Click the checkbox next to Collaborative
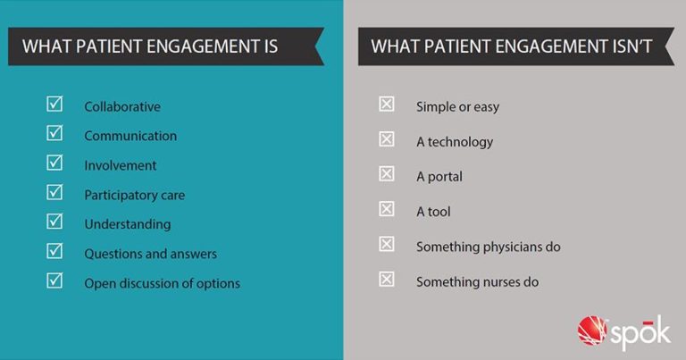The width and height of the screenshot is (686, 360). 54,105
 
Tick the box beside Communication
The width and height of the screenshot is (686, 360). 54,134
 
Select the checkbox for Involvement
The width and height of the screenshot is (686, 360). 54,163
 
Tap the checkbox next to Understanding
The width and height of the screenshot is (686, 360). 54,222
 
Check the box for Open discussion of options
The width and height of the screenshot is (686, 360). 54,281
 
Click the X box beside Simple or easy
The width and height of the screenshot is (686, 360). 387,105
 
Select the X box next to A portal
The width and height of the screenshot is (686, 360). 387,174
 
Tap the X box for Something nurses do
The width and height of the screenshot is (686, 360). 387,280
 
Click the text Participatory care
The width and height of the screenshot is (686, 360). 135,195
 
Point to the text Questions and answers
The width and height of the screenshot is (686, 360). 150,254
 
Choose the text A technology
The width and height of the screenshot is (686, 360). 455,142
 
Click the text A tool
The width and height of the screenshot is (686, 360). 433,212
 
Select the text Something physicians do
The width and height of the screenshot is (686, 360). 488,247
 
